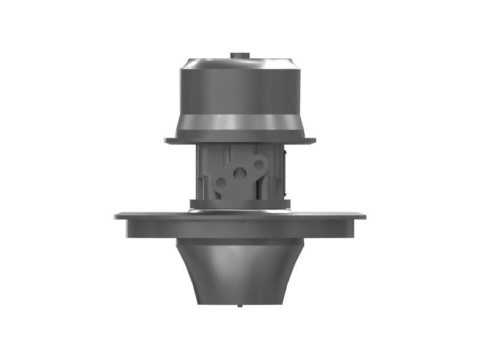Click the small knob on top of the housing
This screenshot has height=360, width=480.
(x=239, y=55)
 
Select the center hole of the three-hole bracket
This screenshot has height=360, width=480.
(x=240, y=173)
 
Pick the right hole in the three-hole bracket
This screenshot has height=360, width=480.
(x=259, y=163)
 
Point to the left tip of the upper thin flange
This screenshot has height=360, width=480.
(x=166, y=142)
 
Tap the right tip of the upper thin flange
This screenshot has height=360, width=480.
(x=314, y=142)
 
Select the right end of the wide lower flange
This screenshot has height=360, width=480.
(x=364, y=215)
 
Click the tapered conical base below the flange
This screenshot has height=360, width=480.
(x=240, y=270)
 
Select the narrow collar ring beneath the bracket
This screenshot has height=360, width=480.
(x=240, y=203)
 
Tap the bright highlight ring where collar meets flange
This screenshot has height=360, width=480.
(x=240, y=211)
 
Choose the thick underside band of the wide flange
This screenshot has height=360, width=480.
(x=240, y=228)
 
